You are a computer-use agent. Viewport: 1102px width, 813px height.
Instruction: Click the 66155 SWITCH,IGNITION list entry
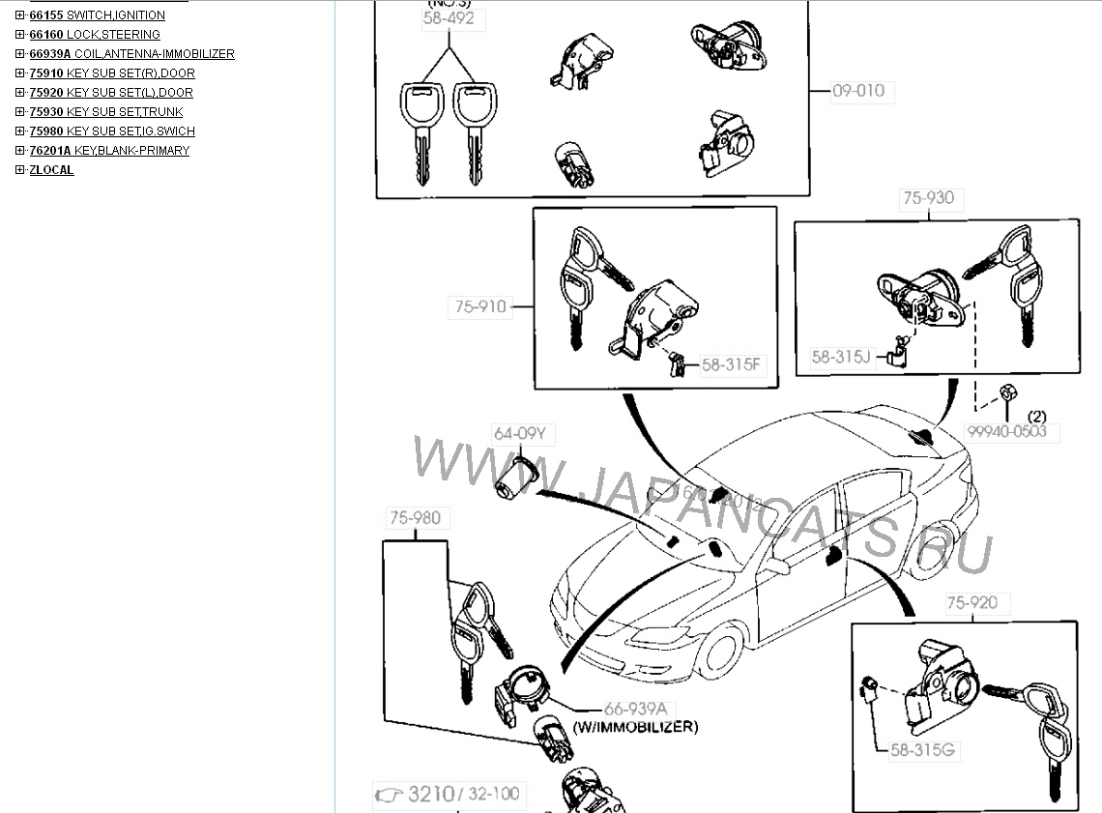[97, 15]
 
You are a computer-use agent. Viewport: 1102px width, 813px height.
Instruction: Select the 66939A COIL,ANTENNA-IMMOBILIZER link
[131, 54]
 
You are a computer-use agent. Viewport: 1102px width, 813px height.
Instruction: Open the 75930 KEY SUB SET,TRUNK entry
[105, 112]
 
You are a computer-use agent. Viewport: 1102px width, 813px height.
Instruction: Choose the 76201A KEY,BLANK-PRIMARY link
[109, 151]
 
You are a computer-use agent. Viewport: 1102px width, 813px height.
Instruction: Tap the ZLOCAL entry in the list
[51, 170]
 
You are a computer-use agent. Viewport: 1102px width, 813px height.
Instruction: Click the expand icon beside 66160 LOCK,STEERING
[20, 35]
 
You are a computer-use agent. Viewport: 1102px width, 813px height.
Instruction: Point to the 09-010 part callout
[858, 91]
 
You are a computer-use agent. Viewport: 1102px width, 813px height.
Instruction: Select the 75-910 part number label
[480, 307]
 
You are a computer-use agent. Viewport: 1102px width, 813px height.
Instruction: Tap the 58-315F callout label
[732, 364]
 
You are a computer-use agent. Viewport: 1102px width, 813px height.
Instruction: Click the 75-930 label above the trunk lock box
[928, 198]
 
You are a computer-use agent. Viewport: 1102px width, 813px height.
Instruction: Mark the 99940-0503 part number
[1006, 431]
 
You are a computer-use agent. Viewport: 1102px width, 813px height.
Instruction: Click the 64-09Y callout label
[519, 434]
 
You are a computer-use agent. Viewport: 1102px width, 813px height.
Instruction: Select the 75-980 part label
[415, 518]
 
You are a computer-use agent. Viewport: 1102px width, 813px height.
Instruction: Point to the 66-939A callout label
[635, 709]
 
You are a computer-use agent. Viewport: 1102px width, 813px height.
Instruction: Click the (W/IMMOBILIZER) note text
[635, 726]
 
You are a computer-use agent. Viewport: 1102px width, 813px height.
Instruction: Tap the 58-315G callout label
[925, 750]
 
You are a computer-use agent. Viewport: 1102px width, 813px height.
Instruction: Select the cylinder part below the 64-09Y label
[517, 477]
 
